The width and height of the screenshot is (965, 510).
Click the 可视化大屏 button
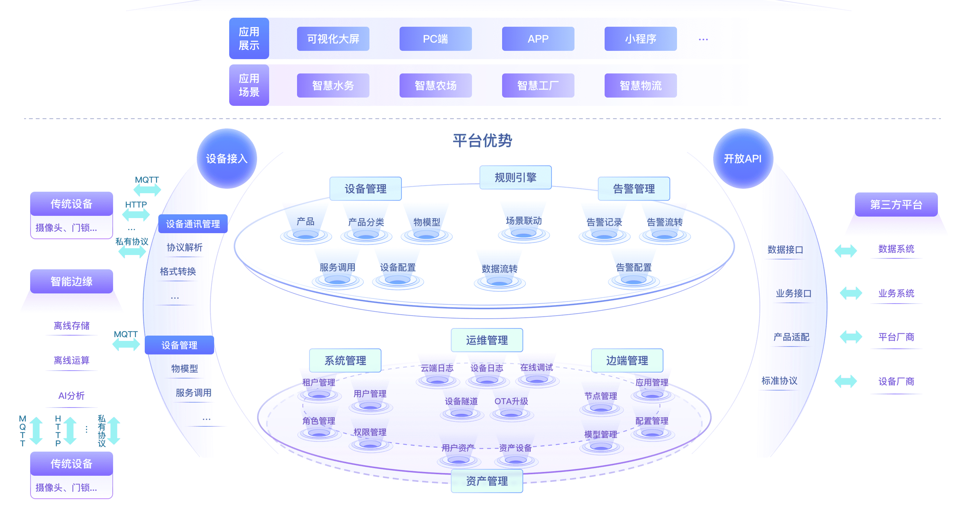click(x=333, y=39)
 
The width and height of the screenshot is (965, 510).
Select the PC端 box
click(x=435, y=39)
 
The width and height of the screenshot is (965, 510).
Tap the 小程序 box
click(x=640, y=39)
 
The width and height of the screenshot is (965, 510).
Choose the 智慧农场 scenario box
click(x=435, y=86)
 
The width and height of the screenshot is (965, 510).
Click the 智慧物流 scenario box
click(x=640, y=86)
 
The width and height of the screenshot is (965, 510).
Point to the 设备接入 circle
click(x=227, y=159)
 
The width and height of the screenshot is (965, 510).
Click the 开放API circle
click(x=743, y=159)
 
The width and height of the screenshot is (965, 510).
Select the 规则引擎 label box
click(x=515, y=177)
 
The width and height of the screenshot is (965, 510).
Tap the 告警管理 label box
click(x=634, y=188)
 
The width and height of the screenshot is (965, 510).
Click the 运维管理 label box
click(x=487, y=340)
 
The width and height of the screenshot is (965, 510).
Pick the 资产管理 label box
click(x=487, y=481)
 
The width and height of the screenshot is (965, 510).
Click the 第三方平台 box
click(x=896, y=205)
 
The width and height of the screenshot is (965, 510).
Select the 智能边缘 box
click(x=72, y=281)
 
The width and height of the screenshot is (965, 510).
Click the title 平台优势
click(x=482, y=140)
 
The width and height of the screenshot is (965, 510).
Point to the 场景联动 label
click(x=524, y=221)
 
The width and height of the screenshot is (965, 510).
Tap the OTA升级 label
click(x=511, y=401)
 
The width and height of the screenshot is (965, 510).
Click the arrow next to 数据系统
click(x=846, y=250)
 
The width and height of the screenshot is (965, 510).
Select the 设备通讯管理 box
click(x=193, y=224)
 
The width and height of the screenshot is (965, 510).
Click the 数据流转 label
click(x=499, y=269)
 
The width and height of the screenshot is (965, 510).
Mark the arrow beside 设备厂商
click(x=846, y=381)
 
